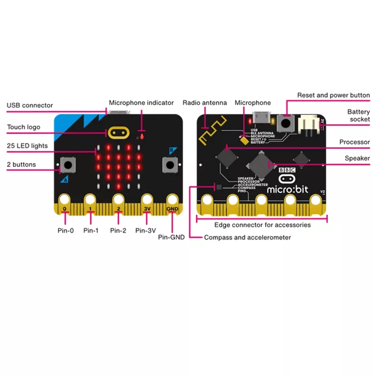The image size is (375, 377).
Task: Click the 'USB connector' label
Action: [x=30, y=105]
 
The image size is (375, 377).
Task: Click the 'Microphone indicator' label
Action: [x=141, y=103]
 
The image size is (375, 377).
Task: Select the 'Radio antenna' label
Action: [x=205, y=103]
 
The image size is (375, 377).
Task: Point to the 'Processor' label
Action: [x=354, y=142]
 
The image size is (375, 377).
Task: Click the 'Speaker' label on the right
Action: [x=357, y=158]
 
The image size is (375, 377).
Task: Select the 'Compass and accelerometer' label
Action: [x=247, y=237]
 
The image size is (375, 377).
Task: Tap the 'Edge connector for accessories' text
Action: [x=262, y=225]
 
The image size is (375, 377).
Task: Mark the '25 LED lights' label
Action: [x=27, y=146]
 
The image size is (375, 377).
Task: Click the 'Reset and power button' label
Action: [x=333, y=95]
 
